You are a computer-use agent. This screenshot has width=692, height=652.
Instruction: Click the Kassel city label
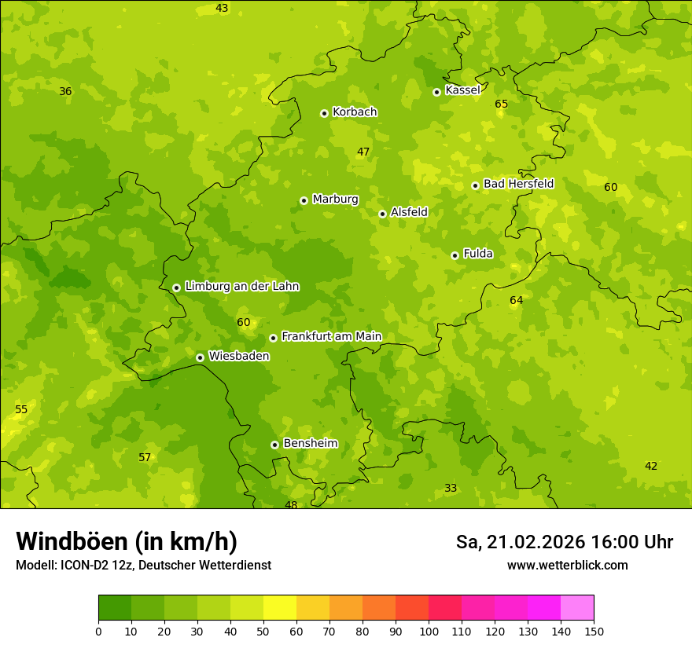click(x=462, y=90)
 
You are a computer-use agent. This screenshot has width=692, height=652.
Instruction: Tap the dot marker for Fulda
click(x=455, y=255)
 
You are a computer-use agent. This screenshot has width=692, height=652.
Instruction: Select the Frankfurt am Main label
click(x=331, y=337)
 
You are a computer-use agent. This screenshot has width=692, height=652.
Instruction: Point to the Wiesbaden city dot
click(x=200, y=357)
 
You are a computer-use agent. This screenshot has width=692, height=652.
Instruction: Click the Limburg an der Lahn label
click(x=242, y=287)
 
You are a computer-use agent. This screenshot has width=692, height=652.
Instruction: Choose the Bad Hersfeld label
click(x=518, y=184)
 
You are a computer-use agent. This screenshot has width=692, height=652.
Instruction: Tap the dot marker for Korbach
click(x=324, y=113)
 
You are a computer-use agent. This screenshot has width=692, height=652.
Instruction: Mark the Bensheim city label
click(x=310, y=444)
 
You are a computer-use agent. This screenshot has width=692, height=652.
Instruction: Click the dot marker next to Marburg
click(x=304, y=200)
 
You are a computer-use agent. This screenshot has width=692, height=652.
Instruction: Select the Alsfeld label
click(x=409, y=212)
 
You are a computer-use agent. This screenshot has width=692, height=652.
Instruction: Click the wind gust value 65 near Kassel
click(x=502, y=104)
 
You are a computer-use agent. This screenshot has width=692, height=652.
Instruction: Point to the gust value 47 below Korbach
click(x=363, y=152)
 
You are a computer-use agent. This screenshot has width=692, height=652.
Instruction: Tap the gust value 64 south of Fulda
click(x=516, y=301)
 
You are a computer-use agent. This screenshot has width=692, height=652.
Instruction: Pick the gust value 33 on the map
click(x=451, y=489)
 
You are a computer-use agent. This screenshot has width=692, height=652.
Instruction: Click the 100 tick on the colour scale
click(x=429, y=631)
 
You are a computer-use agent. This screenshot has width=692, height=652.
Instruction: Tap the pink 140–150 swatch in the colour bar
click(x=577, y=608)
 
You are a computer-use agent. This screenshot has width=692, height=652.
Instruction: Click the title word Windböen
click(x=72, y=541)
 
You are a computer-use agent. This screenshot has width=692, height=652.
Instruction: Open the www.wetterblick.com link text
click(x=567, y=566)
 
